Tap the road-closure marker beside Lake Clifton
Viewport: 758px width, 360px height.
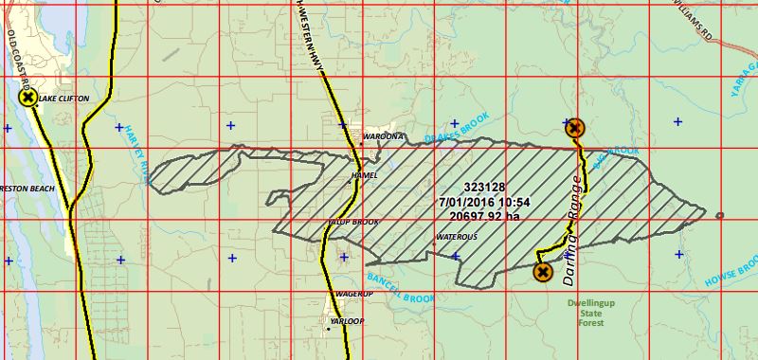coord(27,98)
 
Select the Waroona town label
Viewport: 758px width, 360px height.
coord(384,136)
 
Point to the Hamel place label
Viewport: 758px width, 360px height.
coord(364,175)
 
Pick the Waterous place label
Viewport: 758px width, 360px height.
coord(456,236)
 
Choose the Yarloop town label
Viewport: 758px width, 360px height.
coord(346,321)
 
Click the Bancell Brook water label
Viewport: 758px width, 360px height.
coord(398,287)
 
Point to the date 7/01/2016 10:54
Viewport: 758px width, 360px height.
coord(484,202)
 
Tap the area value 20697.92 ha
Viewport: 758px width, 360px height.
coord(484,216)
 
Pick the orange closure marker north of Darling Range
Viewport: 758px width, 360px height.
coord(574,128)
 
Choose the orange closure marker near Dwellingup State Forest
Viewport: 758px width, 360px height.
coord(543,273)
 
